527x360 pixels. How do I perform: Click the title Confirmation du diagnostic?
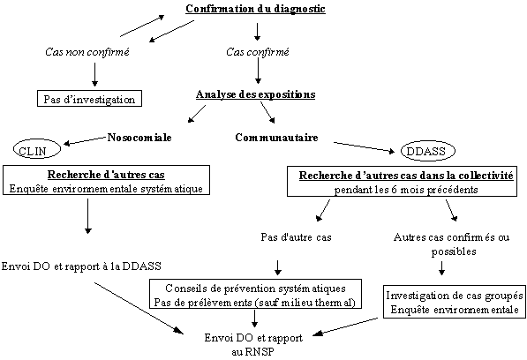(255, 9)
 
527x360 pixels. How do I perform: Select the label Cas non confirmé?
(87, 52)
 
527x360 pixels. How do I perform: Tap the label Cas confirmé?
(258, 52)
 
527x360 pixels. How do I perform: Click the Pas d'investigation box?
(89, 99)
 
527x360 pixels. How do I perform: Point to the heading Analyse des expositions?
(255, 94)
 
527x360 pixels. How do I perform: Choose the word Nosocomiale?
(139, 138)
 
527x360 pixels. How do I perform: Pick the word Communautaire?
(276, 138)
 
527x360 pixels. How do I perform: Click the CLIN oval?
(37, 149)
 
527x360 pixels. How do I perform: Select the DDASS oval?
(427, 151)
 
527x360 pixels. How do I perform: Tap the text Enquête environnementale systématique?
(106, 189)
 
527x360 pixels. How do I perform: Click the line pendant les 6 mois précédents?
(406, 190)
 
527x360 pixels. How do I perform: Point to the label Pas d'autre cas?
(296, 237)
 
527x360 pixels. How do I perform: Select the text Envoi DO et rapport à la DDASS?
(81, 266)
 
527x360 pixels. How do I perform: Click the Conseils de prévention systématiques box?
(255, 294)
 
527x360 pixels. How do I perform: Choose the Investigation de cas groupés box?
(455, 302)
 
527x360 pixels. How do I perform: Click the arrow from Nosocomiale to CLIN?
(85, 140)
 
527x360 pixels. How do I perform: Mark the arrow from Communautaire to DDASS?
(364, 147)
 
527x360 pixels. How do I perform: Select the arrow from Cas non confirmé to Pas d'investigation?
(94, 74)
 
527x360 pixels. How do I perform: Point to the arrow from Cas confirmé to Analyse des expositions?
(258, 71)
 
